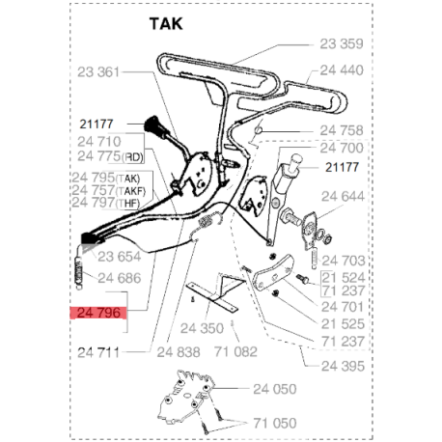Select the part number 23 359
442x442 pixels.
coord(343,43)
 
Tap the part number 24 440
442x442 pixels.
coord(343,69)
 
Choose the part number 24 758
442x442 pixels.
coord(343,130)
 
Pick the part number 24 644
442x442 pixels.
coord(343,196)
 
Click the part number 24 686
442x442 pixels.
coord(120,278)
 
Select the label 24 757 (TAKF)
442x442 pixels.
coord(107,191)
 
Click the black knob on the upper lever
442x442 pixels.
coord(155,125)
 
